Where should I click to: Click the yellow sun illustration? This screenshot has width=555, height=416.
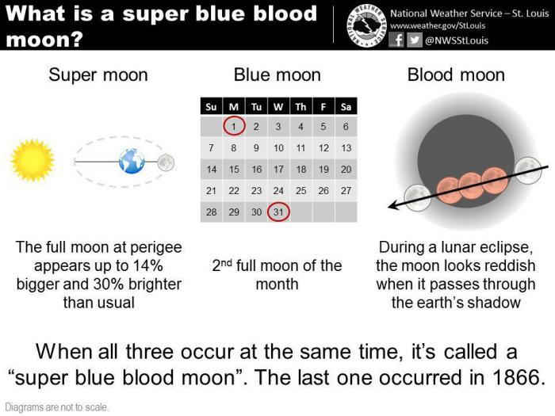33,160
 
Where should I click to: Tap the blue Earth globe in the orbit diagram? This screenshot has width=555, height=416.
132,161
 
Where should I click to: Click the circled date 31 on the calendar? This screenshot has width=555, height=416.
278,212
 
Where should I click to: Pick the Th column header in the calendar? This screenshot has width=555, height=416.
300,106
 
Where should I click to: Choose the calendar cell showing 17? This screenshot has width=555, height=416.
278,169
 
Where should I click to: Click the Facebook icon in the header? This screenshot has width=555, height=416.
396,40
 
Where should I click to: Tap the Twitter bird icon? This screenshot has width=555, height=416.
414,40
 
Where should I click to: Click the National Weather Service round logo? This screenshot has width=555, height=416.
366,26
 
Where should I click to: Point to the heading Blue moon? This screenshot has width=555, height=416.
277,75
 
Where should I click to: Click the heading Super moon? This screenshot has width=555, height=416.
98,75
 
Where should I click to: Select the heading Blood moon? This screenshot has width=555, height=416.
456,75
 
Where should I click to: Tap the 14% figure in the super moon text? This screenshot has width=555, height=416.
147,265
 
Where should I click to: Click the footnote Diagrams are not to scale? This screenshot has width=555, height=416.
56,407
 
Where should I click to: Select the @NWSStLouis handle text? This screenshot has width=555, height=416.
456,40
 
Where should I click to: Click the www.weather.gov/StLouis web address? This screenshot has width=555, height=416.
438,25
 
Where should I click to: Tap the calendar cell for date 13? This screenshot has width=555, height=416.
346,147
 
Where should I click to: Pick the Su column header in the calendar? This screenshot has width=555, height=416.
211,106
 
